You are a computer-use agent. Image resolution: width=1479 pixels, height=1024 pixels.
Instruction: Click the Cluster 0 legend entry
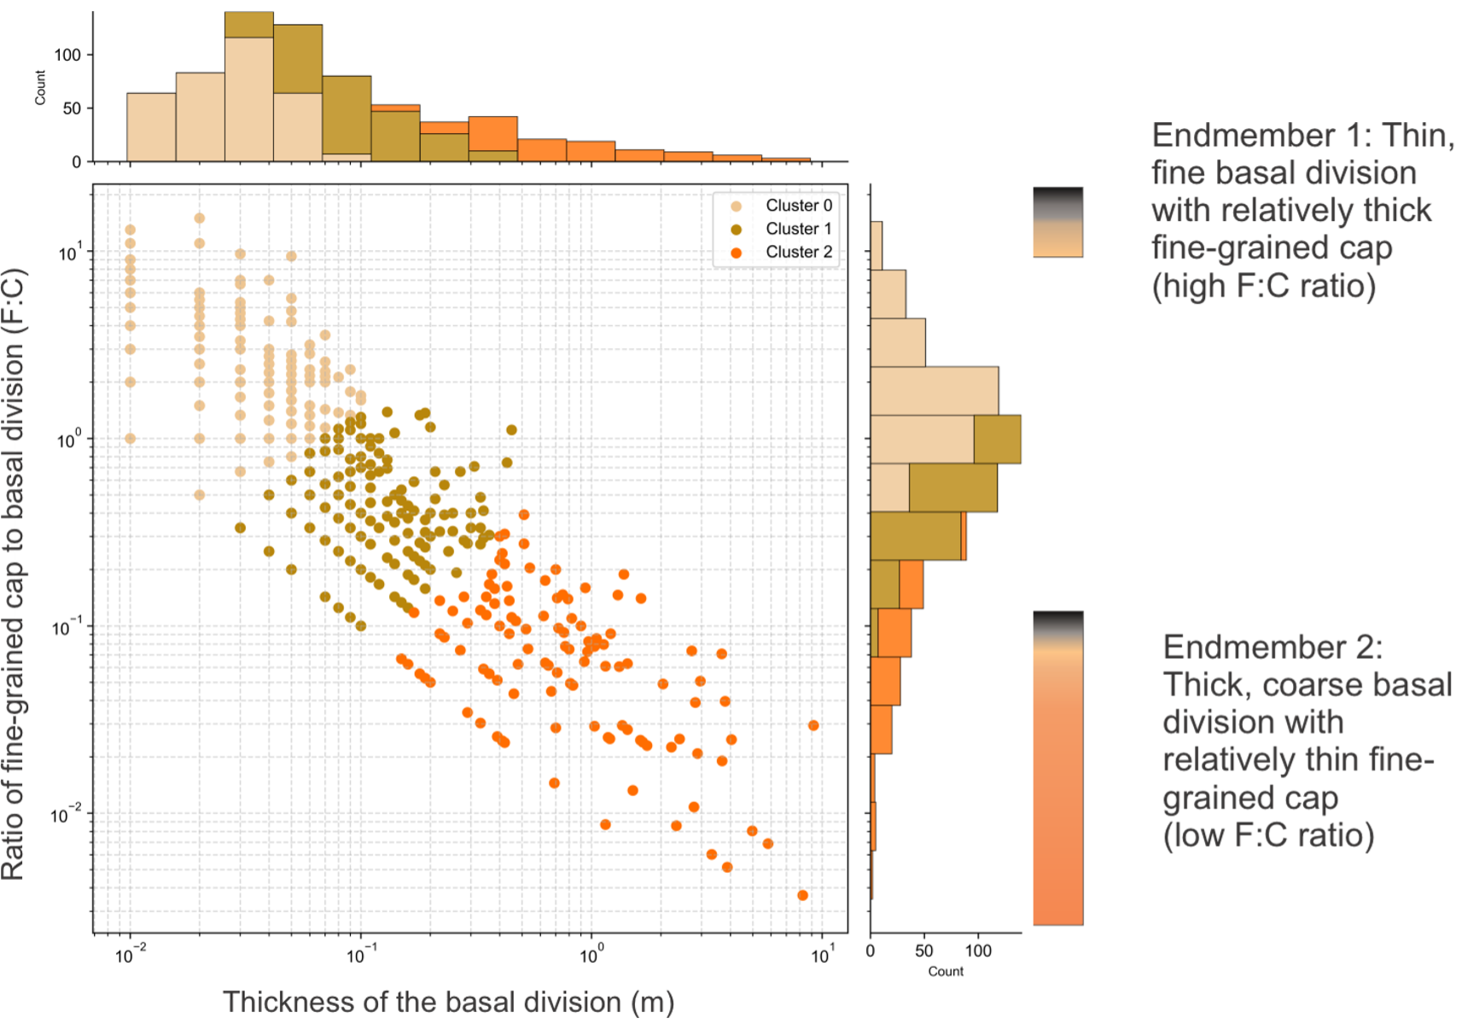797,206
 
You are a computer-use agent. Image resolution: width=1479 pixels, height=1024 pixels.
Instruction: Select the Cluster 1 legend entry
797,229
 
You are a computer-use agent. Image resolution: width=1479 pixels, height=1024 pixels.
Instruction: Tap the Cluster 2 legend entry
797,252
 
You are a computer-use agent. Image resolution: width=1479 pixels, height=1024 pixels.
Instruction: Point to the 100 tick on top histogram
67,55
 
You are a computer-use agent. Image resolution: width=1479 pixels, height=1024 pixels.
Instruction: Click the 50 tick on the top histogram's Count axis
72,108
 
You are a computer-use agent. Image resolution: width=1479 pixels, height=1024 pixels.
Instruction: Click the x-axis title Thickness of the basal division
448,1002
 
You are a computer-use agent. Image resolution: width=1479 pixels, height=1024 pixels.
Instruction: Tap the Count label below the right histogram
946,971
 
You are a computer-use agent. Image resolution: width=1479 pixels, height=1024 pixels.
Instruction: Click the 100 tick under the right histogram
978,951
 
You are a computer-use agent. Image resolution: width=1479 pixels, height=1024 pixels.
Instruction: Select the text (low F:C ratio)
1268,835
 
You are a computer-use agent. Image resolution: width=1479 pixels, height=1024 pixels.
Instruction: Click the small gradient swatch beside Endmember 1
1058,222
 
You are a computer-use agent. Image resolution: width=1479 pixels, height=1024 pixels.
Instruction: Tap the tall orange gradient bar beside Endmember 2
1058,768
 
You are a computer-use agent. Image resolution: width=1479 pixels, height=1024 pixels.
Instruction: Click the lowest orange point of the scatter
802,895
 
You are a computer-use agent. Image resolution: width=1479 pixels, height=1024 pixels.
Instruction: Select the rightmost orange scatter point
813,725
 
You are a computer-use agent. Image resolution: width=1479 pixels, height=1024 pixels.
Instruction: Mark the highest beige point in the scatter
200,218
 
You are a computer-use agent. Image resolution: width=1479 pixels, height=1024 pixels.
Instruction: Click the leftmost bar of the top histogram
151,127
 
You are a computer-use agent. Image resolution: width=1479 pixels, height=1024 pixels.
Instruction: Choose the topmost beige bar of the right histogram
876,246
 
